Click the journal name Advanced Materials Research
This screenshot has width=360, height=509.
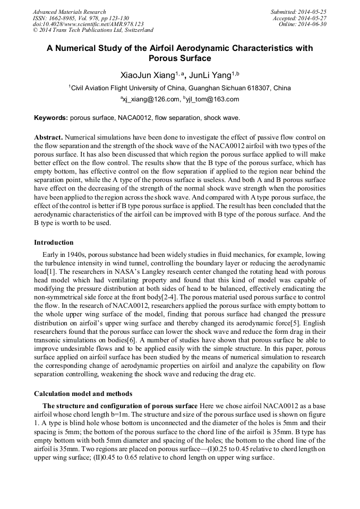point(69,12)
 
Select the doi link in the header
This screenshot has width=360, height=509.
point(88,24)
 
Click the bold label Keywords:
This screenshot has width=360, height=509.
point(51,117)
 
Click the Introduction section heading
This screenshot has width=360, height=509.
point(54,243)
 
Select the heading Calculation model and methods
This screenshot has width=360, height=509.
point(83,394)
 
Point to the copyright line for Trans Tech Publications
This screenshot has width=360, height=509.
point(93,31)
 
